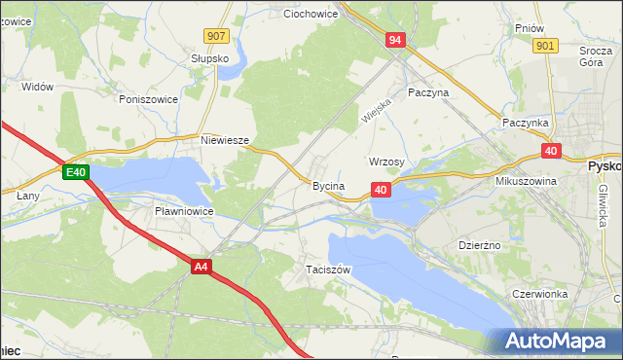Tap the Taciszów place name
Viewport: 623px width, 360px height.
click(x=327, y=269)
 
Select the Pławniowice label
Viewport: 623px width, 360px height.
click(x=185, y=210)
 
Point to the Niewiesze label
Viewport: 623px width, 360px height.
click(x=226, y=140)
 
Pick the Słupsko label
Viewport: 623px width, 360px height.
click(x=209, y=58)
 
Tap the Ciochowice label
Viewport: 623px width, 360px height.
click(x=310, y=15)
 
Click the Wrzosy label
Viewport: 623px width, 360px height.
click(x=386, y=162)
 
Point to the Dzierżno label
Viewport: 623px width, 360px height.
click(x=479, y=245)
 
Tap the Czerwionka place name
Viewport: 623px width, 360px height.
click(x=539, y=293)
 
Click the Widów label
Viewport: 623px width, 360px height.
click(x=37, y=87)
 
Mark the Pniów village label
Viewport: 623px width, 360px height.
click(x=529, y=28)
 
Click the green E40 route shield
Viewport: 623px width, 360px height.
click(x=77, y=173)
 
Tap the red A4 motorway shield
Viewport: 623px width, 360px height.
click(x=202, y=266)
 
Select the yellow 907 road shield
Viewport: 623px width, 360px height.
click(x=217, y=36)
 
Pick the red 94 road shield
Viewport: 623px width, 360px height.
click(x=394, y=40)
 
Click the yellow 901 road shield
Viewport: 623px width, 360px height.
click(x=545, y=46)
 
